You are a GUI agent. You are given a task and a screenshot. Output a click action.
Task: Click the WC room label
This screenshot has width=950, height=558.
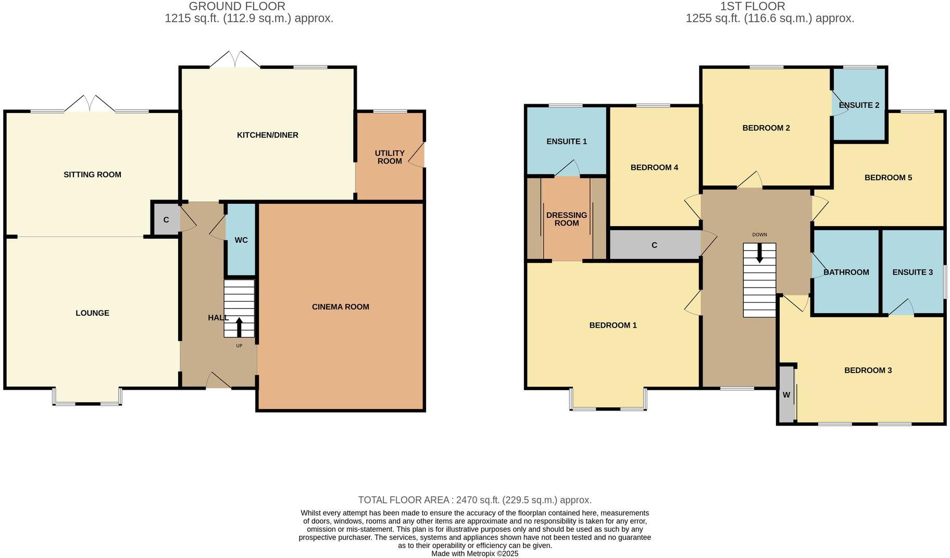click(241, 240)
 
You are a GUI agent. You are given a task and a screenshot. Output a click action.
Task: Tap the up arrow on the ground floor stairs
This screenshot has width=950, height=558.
click(239, 327)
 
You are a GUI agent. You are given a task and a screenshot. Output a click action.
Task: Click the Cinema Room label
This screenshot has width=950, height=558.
click(340, 307)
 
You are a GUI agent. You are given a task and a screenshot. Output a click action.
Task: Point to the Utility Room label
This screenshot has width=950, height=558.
click(390, 157)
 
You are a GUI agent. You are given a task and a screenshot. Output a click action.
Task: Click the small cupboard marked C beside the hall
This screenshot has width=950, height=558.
click(166, 220)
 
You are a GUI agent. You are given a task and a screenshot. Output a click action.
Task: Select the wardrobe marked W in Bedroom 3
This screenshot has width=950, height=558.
click(786, 395)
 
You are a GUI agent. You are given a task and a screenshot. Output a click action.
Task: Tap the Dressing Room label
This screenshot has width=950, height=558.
click(566, 219)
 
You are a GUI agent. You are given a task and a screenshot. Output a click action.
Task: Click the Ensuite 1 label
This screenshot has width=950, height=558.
click(566, 141)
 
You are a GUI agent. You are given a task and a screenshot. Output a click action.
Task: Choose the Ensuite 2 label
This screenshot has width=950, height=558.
click(859, 105)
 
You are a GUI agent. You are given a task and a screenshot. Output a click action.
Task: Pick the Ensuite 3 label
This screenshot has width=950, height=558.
click(912, 272)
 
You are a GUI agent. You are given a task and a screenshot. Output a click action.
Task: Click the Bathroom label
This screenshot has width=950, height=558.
click(846, 272)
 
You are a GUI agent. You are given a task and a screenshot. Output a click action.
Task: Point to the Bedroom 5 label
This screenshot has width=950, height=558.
click(888, 177)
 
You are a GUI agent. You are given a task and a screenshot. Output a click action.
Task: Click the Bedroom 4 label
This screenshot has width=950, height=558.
click(654, 167)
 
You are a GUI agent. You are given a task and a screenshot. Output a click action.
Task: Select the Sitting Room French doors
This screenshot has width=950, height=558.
click(90, 104)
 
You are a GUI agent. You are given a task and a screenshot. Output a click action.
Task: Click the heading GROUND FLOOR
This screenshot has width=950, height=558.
click(237, 6)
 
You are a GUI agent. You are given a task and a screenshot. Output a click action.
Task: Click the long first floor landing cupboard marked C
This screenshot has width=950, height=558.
click(654, 245)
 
